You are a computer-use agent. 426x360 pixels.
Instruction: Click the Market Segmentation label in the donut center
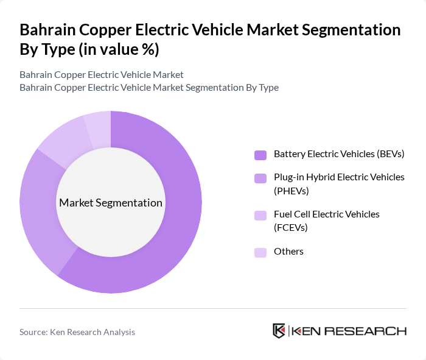point(110,203)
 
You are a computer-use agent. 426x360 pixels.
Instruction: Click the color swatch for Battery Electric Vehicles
point(260,155)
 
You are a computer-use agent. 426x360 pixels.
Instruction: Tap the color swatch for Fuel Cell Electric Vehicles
point(260,215)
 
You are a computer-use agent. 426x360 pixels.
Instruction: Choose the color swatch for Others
point(260,252)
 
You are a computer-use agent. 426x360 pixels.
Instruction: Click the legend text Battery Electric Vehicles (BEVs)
point(339,154)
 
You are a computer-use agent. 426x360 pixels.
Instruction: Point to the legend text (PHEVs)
point(292,191)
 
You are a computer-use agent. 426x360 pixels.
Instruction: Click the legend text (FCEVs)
point(291,227)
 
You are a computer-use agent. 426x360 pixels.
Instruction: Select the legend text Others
point(288,251)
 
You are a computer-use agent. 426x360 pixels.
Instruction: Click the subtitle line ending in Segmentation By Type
point(149,87)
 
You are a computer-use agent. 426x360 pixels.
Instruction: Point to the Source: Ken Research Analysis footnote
point(77,332)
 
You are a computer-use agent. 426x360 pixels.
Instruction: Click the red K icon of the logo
point(279,331)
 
